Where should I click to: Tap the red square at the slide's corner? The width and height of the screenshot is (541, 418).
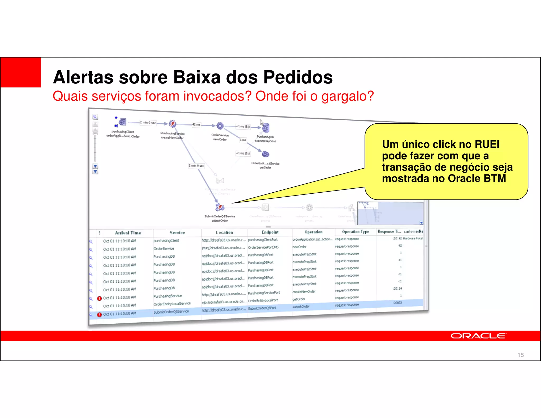(x=21, y=72)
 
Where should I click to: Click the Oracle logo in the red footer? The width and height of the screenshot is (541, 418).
(x=478, y=336)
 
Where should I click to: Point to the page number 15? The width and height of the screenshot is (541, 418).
(x=520, y=355)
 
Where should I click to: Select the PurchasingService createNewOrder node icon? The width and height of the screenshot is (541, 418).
(x=172, y=124)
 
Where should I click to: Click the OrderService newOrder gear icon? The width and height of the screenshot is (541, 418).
(x=220, y=126)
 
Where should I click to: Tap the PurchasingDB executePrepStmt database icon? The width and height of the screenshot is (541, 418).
(x=265, y=128)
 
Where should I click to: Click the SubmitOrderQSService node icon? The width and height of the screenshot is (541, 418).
(x=220, y=207)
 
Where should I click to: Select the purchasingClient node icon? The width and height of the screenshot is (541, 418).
(x=122, y=122)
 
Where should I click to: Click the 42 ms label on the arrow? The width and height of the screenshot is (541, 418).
(x=196, y=124)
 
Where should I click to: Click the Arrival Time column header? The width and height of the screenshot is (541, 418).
(x=128, y=233)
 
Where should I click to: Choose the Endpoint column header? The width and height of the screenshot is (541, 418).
(x=270, y=232)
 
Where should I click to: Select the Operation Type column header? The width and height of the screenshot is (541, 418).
(x=355, y=232)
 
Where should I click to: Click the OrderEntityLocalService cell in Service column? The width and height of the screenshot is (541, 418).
(x=172, y=304)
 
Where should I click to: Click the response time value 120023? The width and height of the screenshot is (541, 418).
(x=397, y=303)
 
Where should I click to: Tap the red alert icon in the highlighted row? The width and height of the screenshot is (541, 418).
(x=99, y=315)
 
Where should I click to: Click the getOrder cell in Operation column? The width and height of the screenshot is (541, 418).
(x=299, y=299)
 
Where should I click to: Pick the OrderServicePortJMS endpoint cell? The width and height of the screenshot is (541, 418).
(x=263, y=247)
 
